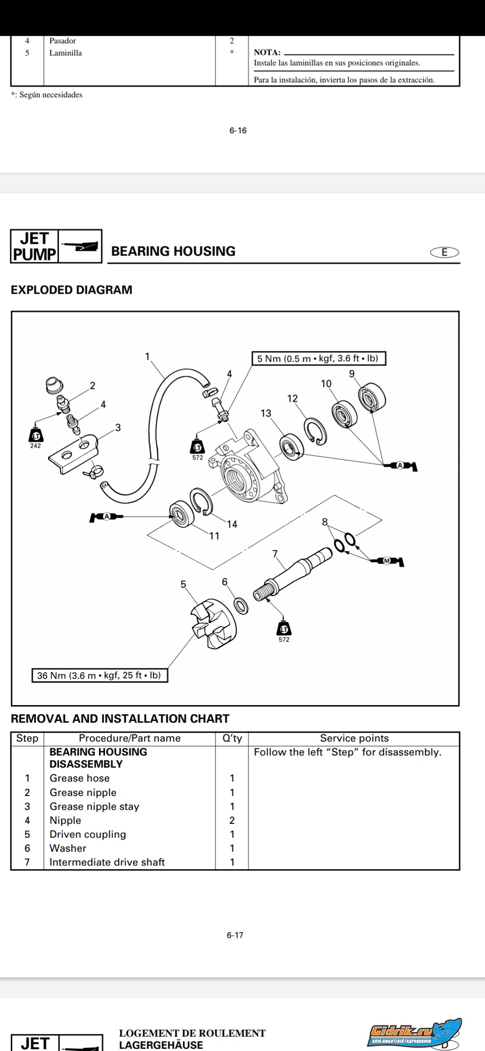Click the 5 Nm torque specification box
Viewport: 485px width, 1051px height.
pos(318,358)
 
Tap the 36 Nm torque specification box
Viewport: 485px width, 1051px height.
pos(99,675)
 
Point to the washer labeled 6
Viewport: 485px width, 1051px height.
pos(241,606)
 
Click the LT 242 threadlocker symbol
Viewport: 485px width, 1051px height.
pos(35,437)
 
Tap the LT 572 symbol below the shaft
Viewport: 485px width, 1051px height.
pos(284,630)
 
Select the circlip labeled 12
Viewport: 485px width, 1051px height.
pos(315,432)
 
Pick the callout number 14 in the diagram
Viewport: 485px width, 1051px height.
pos(232,524)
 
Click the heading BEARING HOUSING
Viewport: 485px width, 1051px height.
pos(173,251)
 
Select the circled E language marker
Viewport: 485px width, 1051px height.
pos(445,252)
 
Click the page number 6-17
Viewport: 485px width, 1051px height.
pos(235,935)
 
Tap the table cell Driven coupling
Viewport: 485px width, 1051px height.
pos(88,834)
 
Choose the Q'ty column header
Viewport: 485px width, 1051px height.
pos(232,738)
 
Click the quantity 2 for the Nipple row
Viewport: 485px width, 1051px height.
pos(232,820)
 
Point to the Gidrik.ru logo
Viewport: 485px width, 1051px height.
pos(414,1031)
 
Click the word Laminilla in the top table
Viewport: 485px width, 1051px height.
pos(66,53)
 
